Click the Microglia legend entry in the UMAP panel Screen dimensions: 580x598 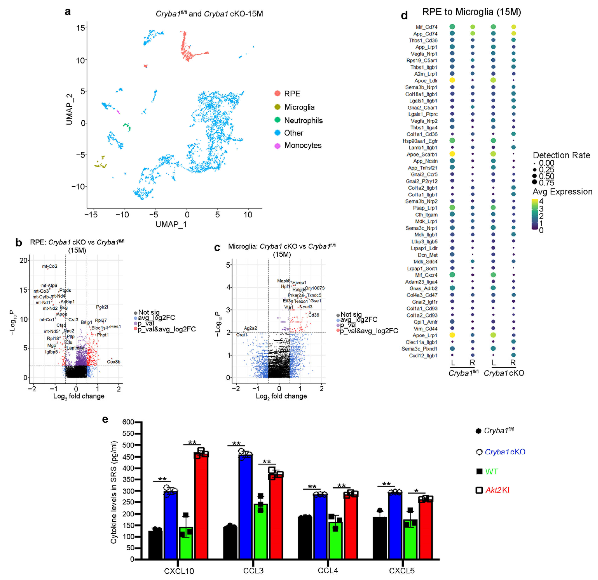click(x=299, y=107)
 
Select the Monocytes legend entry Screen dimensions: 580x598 click(x=302, y=145)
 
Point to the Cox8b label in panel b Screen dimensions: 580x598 click(x=113, y=362)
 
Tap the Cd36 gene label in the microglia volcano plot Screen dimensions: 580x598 click(x=314, y=315)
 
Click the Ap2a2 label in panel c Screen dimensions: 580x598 click(x=251, y=328)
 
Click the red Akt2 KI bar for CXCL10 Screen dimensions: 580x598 click(x=201, y=506)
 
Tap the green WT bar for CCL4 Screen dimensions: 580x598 click(x=335, y=540)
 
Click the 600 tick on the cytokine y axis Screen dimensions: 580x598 click(x=128, y=422)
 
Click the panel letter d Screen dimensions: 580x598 click(x=404, y=15)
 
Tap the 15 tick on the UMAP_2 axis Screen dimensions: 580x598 click(x=81, y=28)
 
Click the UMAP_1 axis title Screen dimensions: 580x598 click(x=171, y=224)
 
